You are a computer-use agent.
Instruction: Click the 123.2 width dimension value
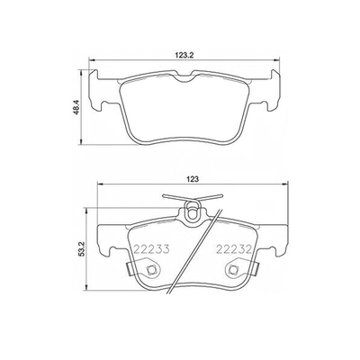[184, 55]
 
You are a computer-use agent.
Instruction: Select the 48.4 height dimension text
[76, 107]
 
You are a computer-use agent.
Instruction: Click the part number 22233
[152, 248]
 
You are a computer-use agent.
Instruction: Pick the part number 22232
[233, 248]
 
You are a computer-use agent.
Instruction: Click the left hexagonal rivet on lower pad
[150, 270]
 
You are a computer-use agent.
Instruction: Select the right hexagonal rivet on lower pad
[232, 270]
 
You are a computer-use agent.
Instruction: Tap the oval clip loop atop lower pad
[192, 211]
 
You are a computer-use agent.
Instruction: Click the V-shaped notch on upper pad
[184, 77]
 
